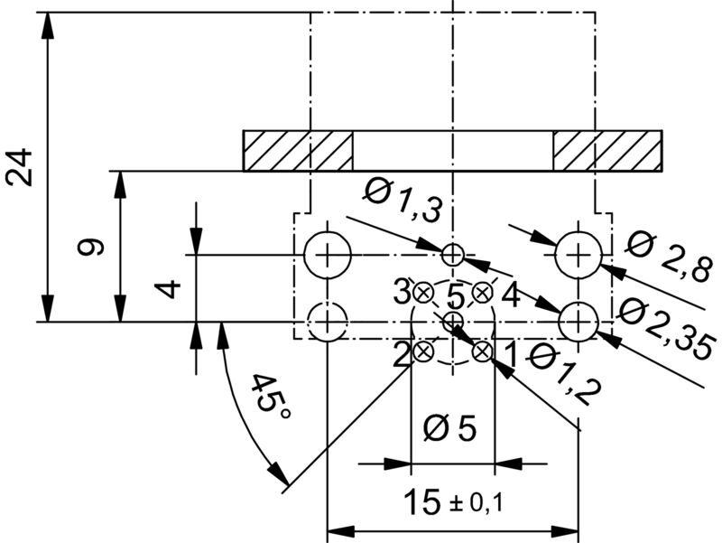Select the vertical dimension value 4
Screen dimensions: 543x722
click(168, 288)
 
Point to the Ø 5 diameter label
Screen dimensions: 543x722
click(450, 428)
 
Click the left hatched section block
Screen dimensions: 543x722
click(298, 151)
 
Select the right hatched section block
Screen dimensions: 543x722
click(607, 151)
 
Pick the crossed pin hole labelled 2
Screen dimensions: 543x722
click(423, 351)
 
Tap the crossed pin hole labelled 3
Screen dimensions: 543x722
click(423, 292)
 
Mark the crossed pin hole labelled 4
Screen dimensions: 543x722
click(482, 292)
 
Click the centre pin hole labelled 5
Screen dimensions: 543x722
click(453, 321)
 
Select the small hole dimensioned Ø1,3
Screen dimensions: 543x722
click(453, 255)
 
